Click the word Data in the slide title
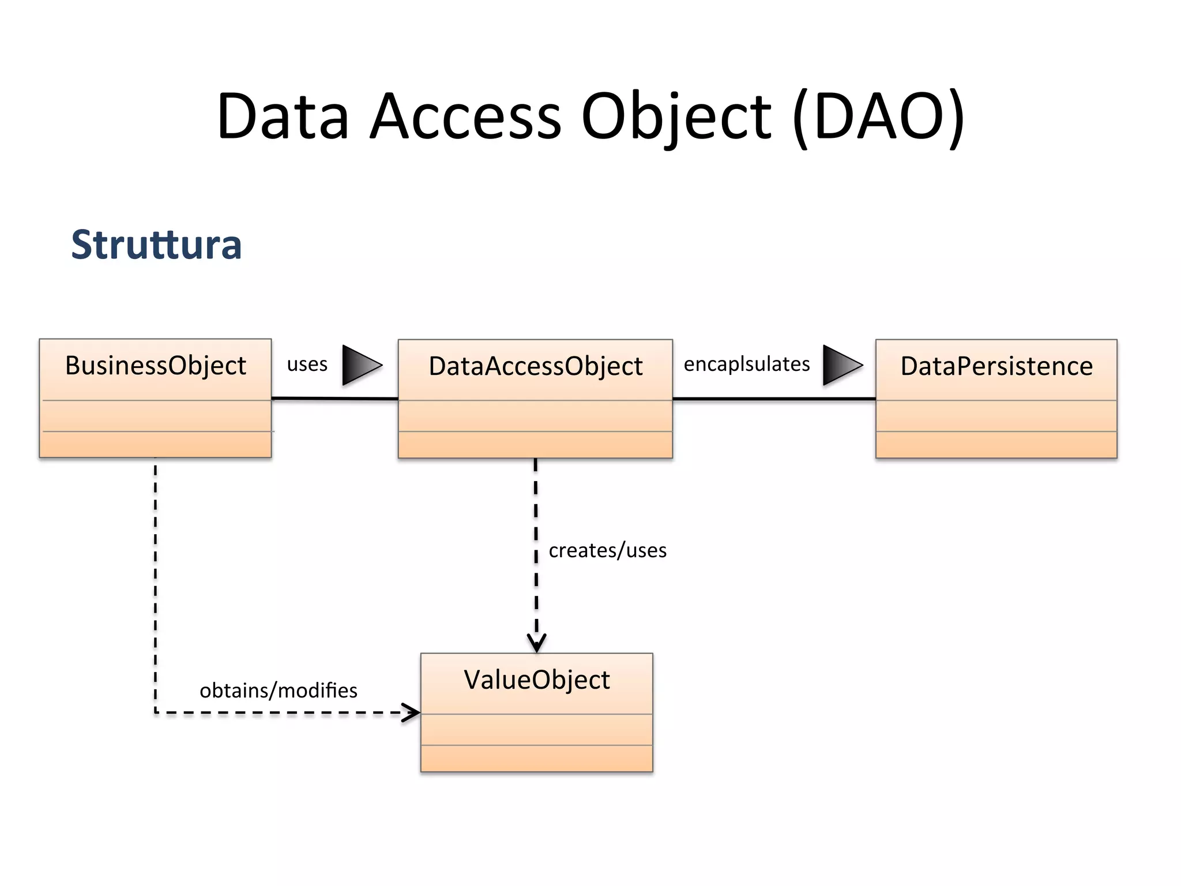tap(283, 117)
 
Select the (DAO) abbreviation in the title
tap(878, 117)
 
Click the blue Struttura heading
tap(156, 245)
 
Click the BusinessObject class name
tap(156, 366)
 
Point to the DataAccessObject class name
tap(535, 366)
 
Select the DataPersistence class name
tap(996, 366)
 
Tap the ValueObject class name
tap(536, 680)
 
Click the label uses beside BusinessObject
tap(307, 365)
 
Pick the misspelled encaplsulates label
tap(747, 365)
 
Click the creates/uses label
tap(607, 550)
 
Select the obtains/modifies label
tap(279, 690)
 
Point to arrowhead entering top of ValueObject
tap(536, 643)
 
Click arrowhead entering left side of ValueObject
tap(411, 713)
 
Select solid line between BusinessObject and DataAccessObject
tap(334, 399)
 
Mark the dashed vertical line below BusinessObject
tap(156, 577)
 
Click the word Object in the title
tap(676, 117)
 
